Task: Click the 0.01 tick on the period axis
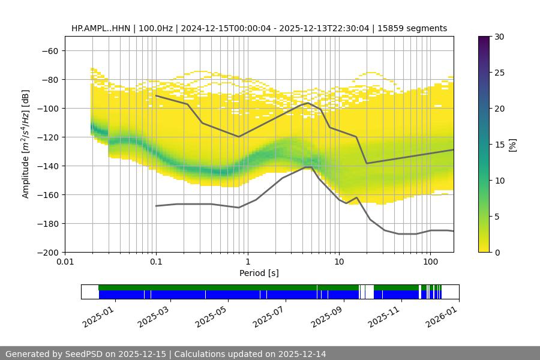(65, 262)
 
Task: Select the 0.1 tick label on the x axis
(156, 262)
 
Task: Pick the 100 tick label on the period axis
(430, 262)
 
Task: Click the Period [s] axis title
(259, 273)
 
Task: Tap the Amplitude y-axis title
(26, 144)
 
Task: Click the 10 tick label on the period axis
(339, 262)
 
